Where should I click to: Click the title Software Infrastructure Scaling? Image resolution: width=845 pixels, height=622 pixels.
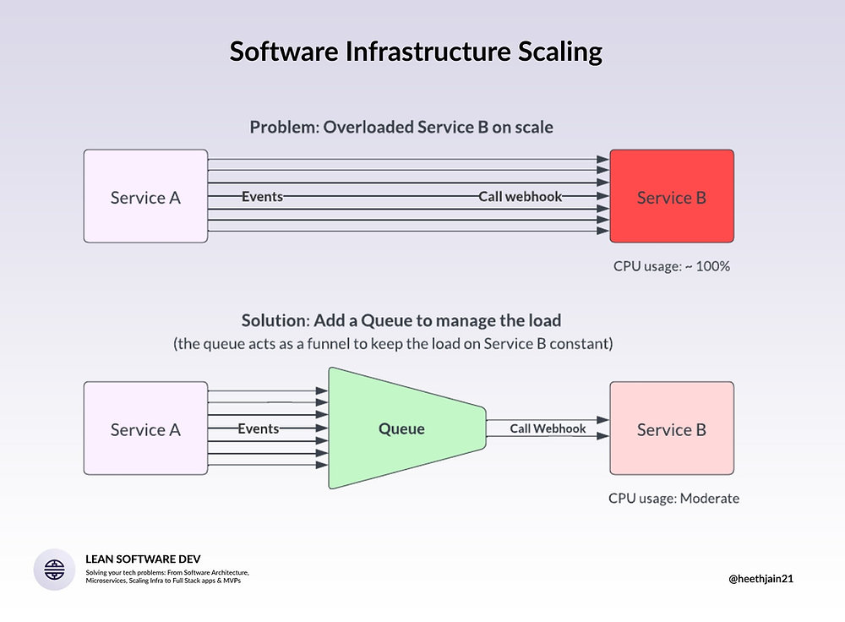416,52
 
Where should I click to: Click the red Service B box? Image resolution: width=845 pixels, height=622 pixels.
672,196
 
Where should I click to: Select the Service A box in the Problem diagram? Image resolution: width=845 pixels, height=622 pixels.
145,196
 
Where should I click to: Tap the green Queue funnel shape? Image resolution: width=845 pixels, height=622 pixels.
401,428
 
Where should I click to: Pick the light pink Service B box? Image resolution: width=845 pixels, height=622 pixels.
672,428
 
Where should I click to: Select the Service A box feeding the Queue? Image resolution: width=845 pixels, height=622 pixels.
145,428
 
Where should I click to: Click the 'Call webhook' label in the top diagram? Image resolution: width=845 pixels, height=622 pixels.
520,196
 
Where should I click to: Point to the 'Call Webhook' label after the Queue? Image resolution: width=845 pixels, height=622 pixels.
548,428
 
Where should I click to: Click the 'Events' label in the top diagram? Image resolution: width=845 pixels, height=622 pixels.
262,196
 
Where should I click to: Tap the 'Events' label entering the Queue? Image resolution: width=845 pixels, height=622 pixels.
258,428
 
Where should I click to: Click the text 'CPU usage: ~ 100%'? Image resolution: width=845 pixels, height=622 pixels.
671,265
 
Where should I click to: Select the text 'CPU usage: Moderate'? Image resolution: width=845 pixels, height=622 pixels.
673,498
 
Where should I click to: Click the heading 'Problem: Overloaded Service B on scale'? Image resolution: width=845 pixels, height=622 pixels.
401,128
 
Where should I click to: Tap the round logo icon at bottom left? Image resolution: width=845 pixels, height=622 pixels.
54,569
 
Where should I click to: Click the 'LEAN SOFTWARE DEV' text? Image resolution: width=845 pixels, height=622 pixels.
137,559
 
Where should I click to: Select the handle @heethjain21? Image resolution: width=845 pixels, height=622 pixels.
760,579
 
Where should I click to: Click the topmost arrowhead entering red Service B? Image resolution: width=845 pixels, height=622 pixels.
603,159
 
